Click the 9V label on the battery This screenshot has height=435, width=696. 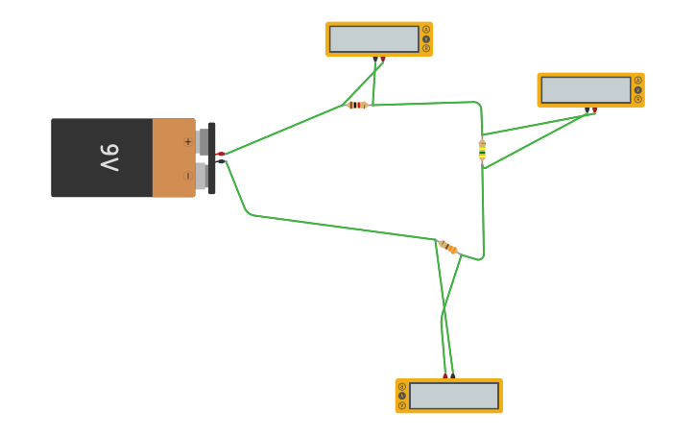[109, 157]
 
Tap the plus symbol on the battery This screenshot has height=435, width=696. [187, 142]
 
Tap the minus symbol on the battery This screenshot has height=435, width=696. [187, 176]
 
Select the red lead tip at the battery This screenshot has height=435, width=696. [220, 154]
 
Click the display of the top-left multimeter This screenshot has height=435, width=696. [373, 39]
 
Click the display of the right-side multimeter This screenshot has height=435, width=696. [586, 90]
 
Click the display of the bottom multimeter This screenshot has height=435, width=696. [454, 396]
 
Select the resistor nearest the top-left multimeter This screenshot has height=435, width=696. [357, 105]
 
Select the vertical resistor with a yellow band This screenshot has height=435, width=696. [482, 150]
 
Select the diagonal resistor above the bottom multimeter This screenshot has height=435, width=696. [447, 248]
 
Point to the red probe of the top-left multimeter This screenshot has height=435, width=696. [382, 59]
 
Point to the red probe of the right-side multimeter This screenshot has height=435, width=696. [594, 110]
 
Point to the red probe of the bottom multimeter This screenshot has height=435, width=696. [444, 375]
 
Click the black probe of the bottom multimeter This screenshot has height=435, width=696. [452, 375]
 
